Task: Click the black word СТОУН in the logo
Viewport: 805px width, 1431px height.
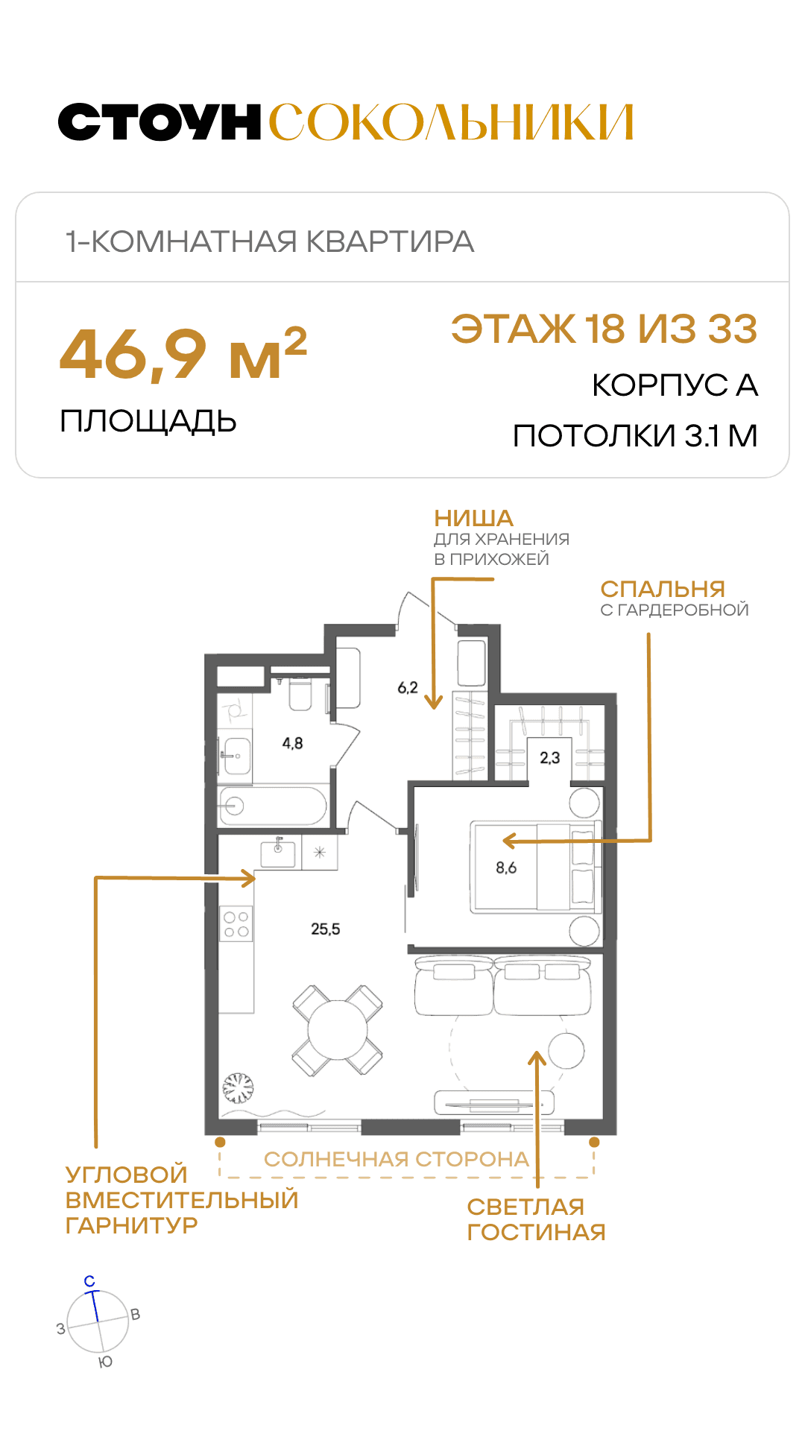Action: [x=160, y=122]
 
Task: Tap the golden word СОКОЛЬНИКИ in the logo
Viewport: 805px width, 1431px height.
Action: [x=451, y=122]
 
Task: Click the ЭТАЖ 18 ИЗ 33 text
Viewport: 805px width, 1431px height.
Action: [x=604, y=329]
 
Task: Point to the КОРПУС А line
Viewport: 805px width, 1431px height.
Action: [x=675, y=385]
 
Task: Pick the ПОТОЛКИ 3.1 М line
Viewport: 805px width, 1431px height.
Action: [x=635, y=436]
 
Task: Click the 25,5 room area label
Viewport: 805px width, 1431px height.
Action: [x=326, y=929]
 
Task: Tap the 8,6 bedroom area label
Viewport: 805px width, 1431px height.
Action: [x=506, y=868]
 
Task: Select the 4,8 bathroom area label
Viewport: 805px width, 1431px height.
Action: [x=292, y=743]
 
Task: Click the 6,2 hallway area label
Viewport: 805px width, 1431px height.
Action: [x=408, y=687]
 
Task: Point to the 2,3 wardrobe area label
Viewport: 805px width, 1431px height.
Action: [x=550, y=758]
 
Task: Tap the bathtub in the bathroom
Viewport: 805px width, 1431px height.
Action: [x=273, y=806]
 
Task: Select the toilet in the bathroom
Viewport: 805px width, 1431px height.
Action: [x=300, y=692]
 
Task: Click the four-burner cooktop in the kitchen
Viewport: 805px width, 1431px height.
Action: [x=236, y=923]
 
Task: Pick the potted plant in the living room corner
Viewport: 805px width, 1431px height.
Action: [x=239, y=1088]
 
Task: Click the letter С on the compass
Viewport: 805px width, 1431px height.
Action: [x=89, y=1281]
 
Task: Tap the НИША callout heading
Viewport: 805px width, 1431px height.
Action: [x=474, y=518]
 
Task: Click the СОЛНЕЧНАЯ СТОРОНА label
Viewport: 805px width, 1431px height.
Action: [x=397, y=1159]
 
